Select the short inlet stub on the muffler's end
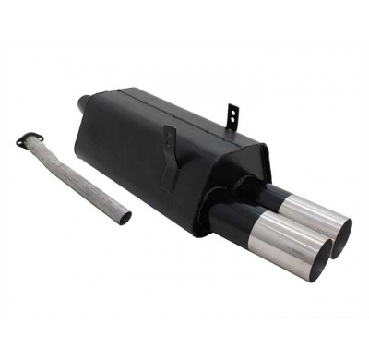[84, 102]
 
